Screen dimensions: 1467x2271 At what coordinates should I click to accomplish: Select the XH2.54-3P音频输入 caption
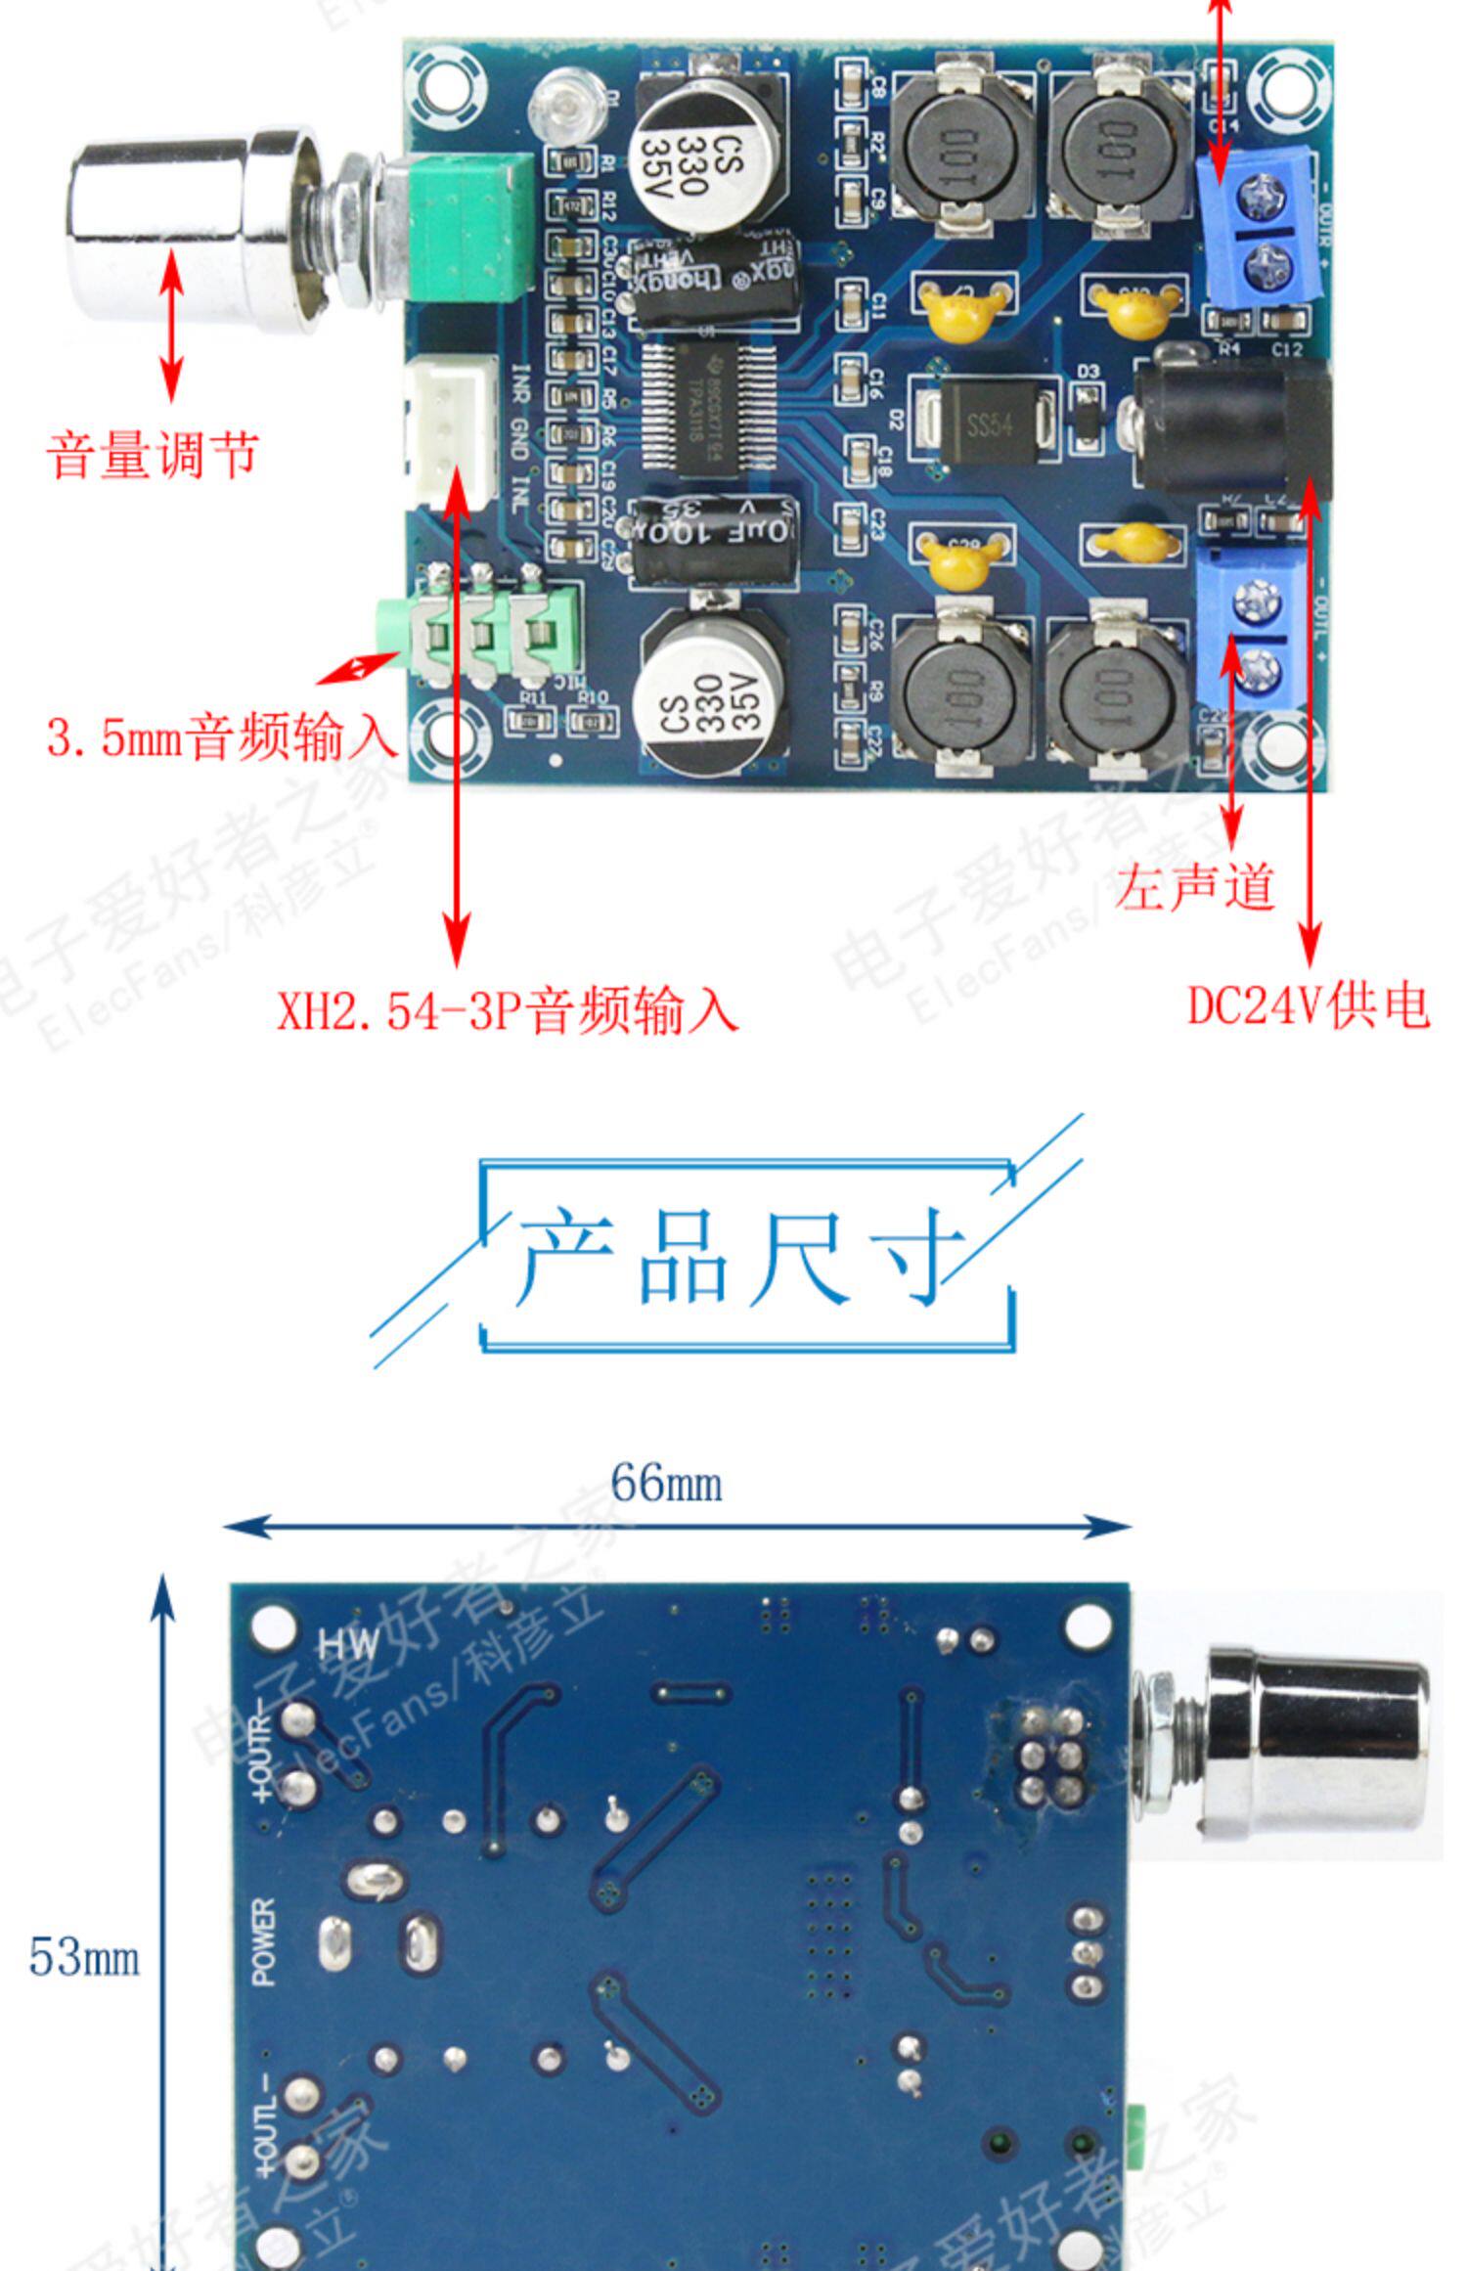tap(507, 1010)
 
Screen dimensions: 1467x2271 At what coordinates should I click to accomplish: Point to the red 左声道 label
tap(1195, 887)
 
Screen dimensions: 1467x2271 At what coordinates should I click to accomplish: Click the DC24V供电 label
tap(1309, 1004)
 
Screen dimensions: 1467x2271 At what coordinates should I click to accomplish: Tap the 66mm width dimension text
tap(667, 1483)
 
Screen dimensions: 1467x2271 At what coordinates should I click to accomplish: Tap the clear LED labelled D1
tap(565, 106)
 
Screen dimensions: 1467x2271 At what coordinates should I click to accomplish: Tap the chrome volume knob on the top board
tap(191, 227)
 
